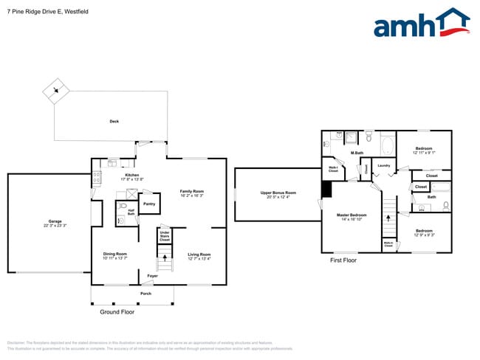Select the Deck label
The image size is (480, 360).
coord(114,122)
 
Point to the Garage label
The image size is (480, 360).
coord(55,221)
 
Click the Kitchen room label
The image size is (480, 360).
coord(131,176)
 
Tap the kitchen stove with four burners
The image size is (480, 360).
coord(96,178)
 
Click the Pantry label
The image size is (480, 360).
coord(148,204)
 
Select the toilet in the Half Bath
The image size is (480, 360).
coord(120,220)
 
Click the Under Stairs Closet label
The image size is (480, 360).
coord(165,237)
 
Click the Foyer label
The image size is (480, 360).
coord(151,276)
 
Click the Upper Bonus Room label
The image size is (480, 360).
coord(278,193)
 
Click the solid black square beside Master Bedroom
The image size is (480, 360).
coord(326,190)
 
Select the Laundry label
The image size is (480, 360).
coord(383,165)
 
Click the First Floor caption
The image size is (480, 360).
coord(343,260)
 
